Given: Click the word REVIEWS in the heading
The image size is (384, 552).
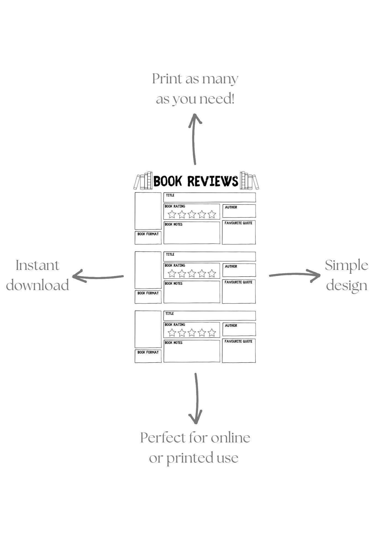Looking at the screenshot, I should click(x=213, y=181).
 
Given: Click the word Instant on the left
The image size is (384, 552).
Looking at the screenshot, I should click(x=38, y=266).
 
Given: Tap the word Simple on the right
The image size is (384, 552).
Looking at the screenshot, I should click(x=346, y=266).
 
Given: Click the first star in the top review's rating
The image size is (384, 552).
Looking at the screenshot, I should click(x=172, y=214).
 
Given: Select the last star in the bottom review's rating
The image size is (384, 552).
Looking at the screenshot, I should click(x=212, y=333).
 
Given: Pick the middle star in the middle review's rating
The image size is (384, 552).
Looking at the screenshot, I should click(x=192, y=274).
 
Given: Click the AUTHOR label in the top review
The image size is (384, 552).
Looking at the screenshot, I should click(x=231, y=207).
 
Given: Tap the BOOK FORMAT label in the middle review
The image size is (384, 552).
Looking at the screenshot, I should click(x=148, y=293).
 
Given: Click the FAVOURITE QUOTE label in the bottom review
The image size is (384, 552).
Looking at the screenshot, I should click(x=238, y=341).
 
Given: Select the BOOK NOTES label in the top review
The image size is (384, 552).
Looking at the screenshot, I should click(x=173, y=224).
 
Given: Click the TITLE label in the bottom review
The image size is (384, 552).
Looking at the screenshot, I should click(x=170, y=314).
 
